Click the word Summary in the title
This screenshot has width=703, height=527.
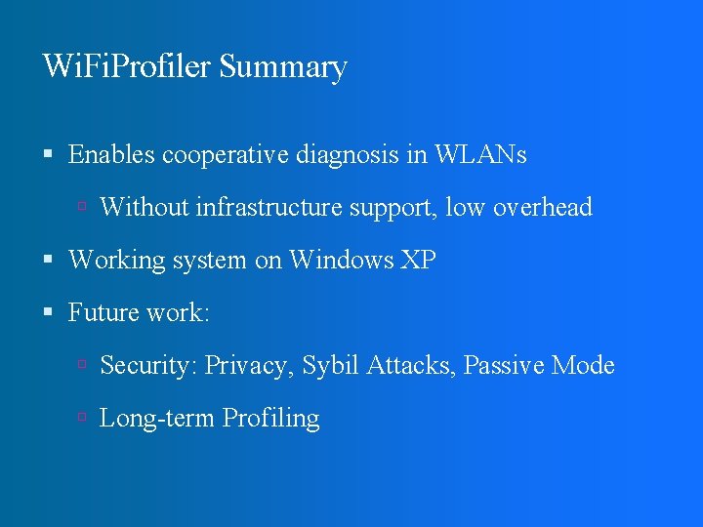tap(283, 68)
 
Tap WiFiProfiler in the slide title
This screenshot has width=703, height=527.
tap(128, 66)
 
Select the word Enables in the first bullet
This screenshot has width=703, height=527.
tap(112, 154)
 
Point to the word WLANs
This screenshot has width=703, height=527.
tap(480, 154)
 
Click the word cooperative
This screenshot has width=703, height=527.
tap(220, 156)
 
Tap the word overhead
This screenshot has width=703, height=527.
tap(543, 207)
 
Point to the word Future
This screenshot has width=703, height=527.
tap(102, 312)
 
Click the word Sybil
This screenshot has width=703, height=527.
tap(330, 366)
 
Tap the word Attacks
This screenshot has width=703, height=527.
tap(410, 365)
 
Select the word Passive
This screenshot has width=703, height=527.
tap(504, 365)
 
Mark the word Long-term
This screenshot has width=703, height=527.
tap(157, 419)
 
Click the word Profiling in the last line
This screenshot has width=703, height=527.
tap(271, 419)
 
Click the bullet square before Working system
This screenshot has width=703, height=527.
tap(48, 261)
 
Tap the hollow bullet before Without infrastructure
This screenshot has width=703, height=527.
tap(83, 208)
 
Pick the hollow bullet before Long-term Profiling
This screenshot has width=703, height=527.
tap(83, 419)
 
